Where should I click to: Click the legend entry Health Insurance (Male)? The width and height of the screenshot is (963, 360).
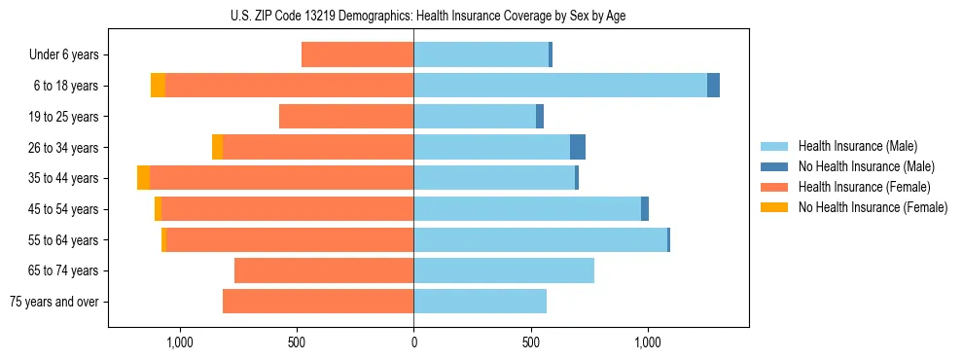tap(857, 146)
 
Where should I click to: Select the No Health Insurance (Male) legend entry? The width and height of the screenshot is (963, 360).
tap(866, 166)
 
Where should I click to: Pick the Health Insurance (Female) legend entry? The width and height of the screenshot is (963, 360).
tap(864, 187)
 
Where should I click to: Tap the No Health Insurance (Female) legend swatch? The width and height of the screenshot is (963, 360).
tap(776, 207)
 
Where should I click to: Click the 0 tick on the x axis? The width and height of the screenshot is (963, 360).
tap(413, 342)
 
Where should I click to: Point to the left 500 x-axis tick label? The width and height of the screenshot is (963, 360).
tap(297, 342)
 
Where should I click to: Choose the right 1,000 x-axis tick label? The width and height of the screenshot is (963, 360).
tap(648, 342)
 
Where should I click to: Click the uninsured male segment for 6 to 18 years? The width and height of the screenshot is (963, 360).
tap(713, 86)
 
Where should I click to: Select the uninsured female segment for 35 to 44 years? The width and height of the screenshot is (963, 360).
tap(143, 178)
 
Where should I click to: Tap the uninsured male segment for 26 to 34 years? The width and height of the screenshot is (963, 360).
tap(578, 147)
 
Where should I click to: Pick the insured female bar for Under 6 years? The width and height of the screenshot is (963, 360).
tap(357, 54)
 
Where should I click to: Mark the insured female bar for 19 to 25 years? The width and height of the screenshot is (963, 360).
tap(346, 117)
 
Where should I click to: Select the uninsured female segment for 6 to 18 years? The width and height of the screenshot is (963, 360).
tap(158, 86)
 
